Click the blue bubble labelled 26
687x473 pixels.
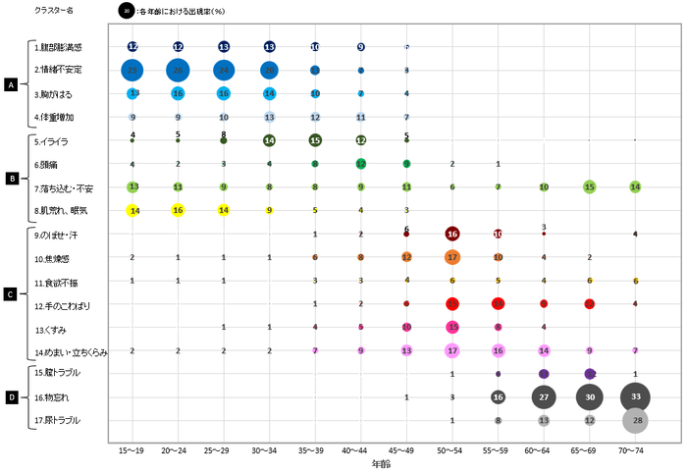[x=178, y=70]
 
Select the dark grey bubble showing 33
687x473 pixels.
[x=635, y=396]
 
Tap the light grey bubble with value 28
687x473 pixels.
[x=635, y=420]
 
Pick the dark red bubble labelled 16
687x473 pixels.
[x=452, y=234]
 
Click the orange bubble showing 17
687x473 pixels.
[x=452, y=257]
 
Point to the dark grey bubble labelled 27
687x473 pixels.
[x=544, y=396]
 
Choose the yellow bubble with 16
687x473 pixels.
[x=178, y=209]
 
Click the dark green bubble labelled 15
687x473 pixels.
[x=315, y=140]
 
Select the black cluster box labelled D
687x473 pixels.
[x=11, y=396]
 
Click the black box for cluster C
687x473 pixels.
[x=11, y=293]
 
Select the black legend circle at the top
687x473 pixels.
[x=126, y=11]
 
